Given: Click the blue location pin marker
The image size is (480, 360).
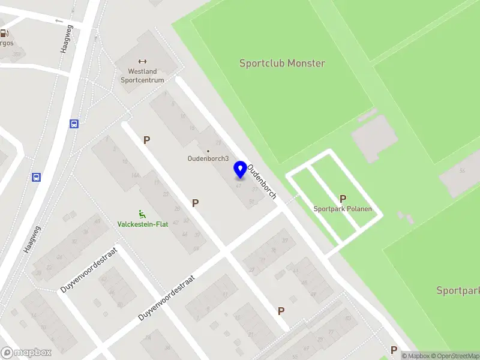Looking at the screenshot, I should pos(240,169).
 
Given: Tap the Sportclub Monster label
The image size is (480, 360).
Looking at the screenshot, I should pos(282,63).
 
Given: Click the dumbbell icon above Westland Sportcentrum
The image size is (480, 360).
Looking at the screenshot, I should pos(142,61).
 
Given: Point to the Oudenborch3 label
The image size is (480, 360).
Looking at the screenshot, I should pos(208,159).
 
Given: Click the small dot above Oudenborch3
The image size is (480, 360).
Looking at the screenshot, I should pos(208,151).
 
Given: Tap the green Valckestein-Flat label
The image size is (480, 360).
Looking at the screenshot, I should pos(142,224).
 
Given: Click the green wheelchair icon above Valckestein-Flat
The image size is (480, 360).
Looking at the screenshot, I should pos(142,214).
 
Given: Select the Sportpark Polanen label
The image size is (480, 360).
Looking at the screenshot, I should pos(343,209).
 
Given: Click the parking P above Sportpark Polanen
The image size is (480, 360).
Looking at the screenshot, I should pos(343,199).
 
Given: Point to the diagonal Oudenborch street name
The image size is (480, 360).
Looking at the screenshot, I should pos(262,181).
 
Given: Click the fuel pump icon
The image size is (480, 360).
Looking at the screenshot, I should pos(5,34).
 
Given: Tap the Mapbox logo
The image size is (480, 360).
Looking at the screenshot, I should pos(26,352).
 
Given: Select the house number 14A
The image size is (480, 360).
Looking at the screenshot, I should pos(136,175).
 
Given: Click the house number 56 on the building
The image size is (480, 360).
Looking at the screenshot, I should pos(462,172).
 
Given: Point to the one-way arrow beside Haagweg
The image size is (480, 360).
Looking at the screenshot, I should pos(58,22).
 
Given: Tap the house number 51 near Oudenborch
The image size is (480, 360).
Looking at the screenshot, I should pos(251,202).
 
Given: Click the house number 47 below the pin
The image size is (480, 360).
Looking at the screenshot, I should pos(239,185).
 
